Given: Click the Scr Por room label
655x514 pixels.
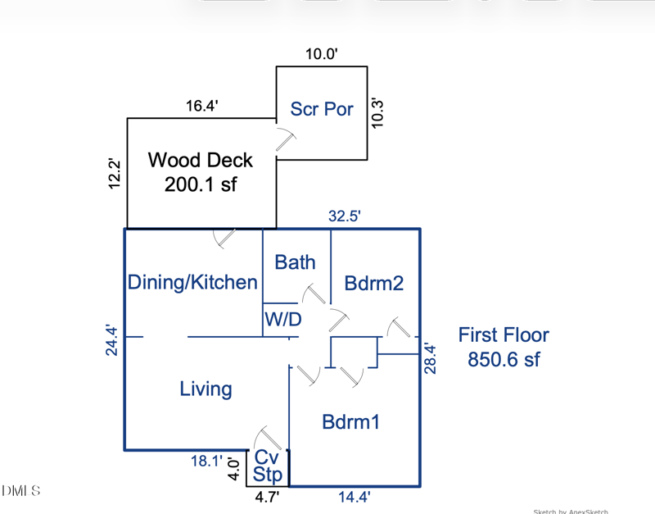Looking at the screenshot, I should pos(322,109).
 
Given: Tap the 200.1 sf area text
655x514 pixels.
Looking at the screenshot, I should pos(201,184).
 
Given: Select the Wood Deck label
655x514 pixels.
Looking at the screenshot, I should pos(201,161).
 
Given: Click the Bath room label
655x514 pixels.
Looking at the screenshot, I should pos(295,262).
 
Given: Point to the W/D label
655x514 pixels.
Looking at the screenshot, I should pos(282,320).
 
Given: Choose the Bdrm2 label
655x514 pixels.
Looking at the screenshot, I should pos(374,284).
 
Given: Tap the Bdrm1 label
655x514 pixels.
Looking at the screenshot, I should pos(350,422).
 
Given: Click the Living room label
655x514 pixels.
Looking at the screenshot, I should pos(206,389).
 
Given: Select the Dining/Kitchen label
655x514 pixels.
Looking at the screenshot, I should pos(192,283).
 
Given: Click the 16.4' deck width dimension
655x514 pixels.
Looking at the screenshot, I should pos(201,106).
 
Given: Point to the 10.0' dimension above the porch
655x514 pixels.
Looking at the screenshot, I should pos(322,54).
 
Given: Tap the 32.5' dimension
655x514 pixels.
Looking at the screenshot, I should pos(345,216).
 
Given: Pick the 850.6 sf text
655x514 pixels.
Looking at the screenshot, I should pos(504,359).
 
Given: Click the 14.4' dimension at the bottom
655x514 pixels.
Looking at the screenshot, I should pos(355,497).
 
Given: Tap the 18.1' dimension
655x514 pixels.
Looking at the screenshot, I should pos(206,462).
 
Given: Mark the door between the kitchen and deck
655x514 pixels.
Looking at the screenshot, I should pos(224,238).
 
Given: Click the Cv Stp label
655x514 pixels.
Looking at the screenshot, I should pos(268,466).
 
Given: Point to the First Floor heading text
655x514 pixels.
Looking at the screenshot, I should pos(504,334).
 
